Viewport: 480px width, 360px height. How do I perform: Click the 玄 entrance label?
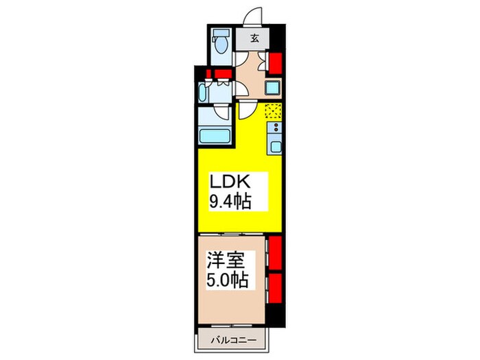[x=254, y=39]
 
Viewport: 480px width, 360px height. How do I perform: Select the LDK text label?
[x=230, y=182]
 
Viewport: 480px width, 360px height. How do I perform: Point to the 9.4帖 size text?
[x=230, y=202]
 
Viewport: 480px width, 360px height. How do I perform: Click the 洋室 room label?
[x=226, y=261]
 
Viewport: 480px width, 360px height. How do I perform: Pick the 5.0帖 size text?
[x=227, y=280]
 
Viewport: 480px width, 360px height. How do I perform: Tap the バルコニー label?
[x=233, y=340]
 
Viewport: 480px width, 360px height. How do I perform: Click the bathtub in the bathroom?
[x=215, y=136]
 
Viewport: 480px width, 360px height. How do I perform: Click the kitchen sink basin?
[x=276, y=147]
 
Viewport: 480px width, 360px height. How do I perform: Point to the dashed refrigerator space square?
[x=273, y=111]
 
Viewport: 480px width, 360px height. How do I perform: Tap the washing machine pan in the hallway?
[x=273, y=88]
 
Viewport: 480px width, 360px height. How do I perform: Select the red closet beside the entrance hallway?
[x=276, y=63]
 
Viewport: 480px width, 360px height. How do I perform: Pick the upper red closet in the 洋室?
[x=275, y=253]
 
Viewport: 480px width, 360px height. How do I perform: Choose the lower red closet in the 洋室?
[x=275, y=288]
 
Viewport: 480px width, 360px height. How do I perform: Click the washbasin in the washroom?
[x=203, y=93]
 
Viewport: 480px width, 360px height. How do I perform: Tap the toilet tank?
[x=221, y=33]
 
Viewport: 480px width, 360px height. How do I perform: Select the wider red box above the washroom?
[x=223, y=73]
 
